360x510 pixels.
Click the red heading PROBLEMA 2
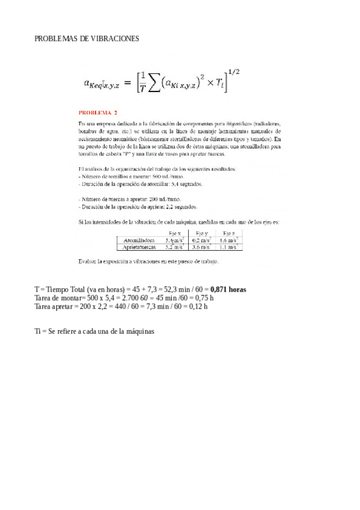[99, 112]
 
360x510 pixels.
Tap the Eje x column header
[176, 233]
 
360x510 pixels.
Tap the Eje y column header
[202, 233]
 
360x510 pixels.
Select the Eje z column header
[228, 233]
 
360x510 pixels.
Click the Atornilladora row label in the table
[139, 239]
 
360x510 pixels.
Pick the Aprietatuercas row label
[139, 247]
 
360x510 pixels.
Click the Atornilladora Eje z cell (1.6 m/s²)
[228, 239]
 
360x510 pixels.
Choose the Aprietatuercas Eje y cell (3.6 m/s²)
[202, 247]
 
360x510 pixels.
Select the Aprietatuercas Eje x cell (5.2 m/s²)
[175, 247]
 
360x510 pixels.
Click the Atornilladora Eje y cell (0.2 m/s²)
[202, 239]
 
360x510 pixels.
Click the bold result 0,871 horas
[226, 289]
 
